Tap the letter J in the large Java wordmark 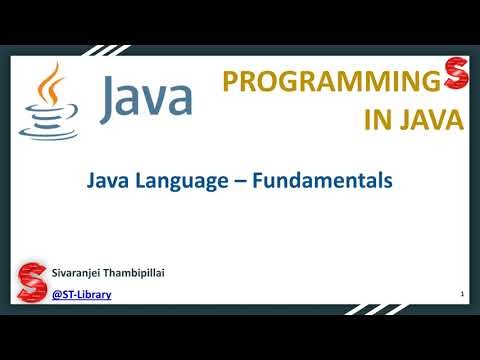point(112,94)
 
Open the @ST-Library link point(81,294)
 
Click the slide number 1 point(461,294)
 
